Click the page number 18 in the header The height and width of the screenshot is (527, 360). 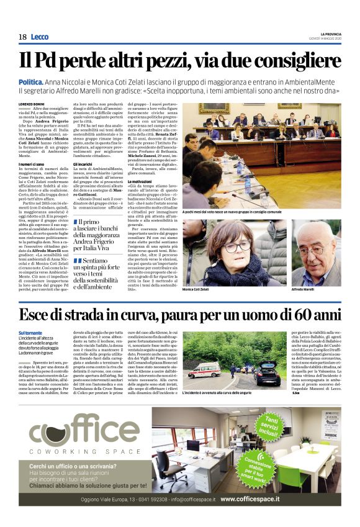(22, 37)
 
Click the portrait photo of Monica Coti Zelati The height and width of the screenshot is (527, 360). (233, 253)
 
